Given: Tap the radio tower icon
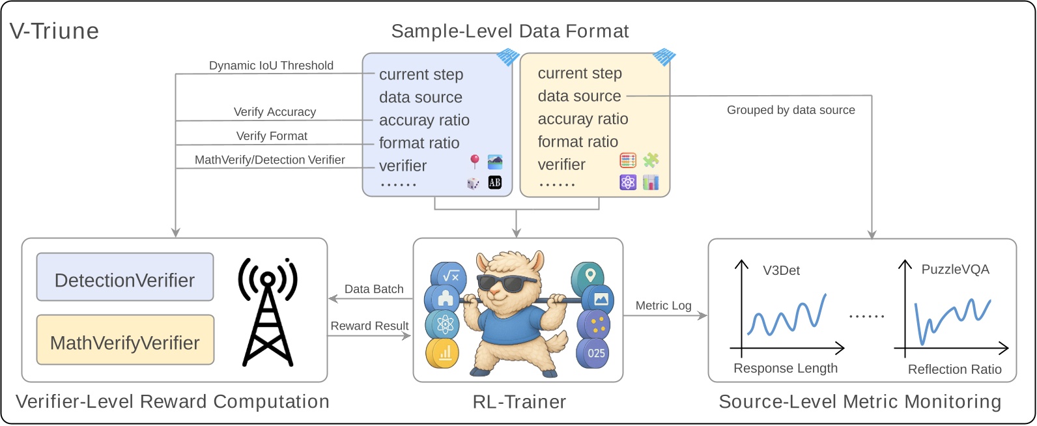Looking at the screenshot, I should point(268,311).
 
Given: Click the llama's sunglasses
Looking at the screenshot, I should point(508,282).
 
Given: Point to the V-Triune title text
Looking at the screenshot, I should point(55,31).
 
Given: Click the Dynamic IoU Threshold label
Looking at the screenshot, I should point(271,65).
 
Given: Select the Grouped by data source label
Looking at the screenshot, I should point(791,110).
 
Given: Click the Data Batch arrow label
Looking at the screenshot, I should point(374,289).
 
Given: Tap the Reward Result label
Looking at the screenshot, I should point(369,326).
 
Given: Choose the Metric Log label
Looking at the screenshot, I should point(663,305).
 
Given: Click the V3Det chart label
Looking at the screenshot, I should point(781,270).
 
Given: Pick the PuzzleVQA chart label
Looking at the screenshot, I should point(955,269).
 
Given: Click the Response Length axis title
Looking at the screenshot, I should point(785,368).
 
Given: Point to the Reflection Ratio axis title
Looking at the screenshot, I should point(954,369).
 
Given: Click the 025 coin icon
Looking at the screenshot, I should point(595,353).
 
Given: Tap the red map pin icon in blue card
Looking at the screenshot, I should point(475,161).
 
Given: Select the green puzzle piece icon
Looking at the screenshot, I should point(651,160).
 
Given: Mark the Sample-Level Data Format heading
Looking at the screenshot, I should point(509,31).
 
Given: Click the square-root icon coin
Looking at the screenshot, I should point(451,276).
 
